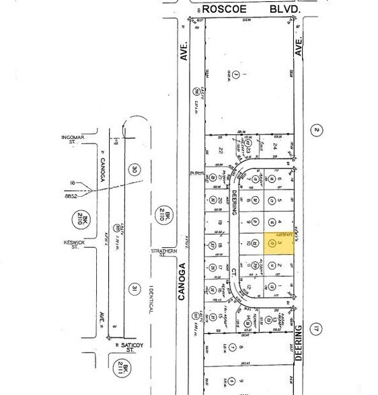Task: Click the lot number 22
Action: [221, 151]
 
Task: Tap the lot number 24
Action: [276, 145]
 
